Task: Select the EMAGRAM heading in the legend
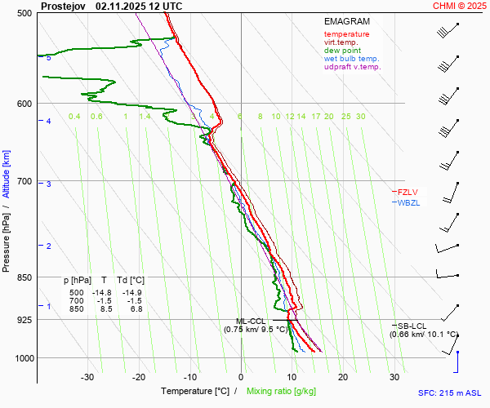[x=347, y=22]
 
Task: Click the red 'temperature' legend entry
[x=346, y=34]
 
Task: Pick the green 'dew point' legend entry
[x=343, y=51]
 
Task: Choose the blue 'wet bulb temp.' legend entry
[x=351, y=59]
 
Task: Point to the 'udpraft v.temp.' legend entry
[x=352, y=67]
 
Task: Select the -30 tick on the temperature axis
[x=87, y=377]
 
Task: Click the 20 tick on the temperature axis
[x=343, y=377]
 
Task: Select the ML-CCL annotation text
[x=250, y=322]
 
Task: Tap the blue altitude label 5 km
[x=49, y=58]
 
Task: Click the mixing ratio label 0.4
[x=74, y=117]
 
